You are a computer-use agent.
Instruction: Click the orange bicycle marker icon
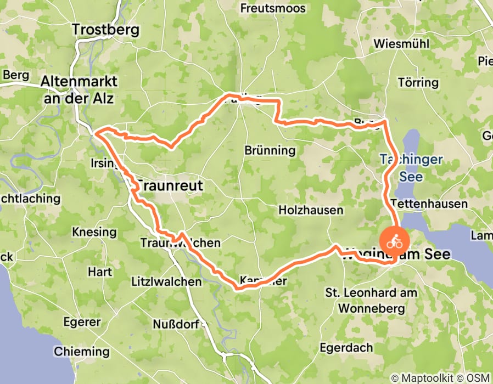[394, 241]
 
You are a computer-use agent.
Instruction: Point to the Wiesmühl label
[400, 44]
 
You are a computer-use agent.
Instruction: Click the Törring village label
[418, 83]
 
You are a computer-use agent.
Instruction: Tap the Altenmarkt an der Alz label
[79, 89]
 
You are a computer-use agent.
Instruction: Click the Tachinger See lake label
[411, 167]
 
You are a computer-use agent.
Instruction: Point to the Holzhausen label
[311, 210]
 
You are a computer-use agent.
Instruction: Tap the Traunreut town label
[169, 185]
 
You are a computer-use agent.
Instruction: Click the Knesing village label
[94, 232]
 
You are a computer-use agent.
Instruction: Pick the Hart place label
[100, 272]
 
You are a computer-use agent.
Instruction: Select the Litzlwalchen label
[166, 282]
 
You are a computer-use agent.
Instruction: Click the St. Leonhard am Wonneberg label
[371, 301]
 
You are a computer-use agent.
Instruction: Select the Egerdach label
[348, 348]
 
